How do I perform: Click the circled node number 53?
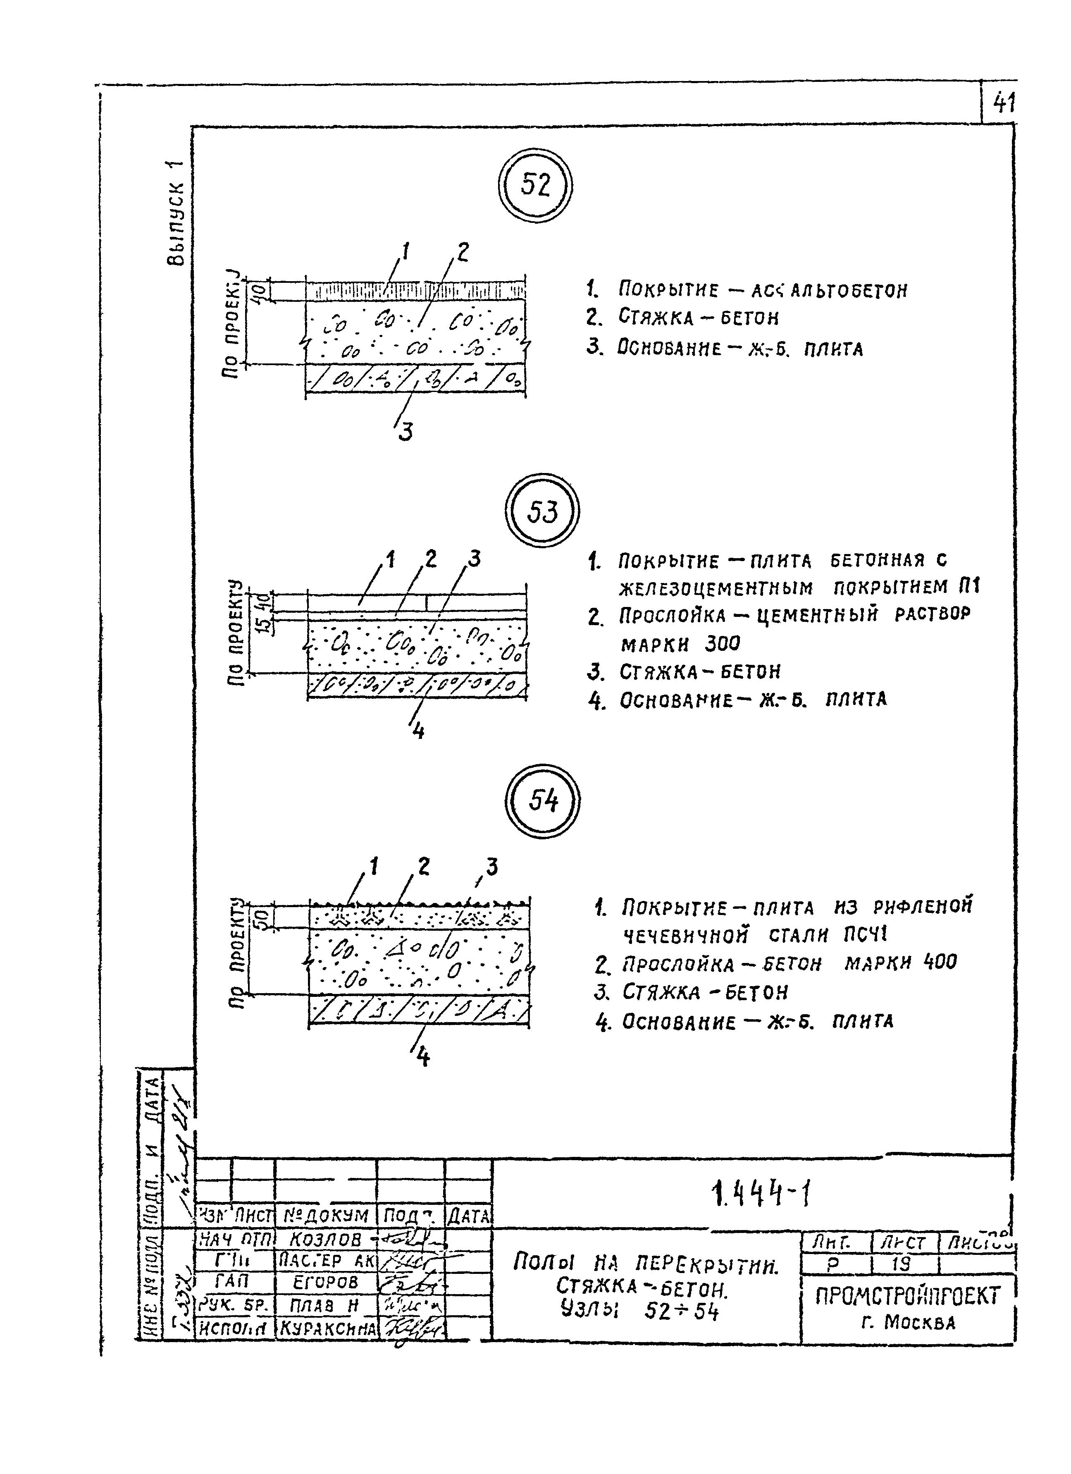click(x=542, y=511)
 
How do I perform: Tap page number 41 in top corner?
click(x=1003, y=103)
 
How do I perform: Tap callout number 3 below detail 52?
click(x=404, y=432)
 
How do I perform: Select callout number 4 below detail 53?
click(x=419, y=731)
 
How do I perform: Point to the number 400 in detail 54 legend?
click(x=939, y=962)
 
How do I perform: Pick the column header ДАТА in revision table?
click(x=469, y=1215)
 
